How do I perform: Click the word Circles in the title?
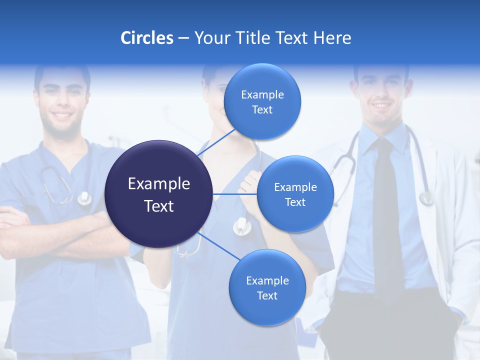coord(146,38)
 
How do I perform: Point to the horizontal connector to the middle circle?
coord(235,194)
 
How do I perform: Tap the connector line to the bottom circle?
coord(218,246)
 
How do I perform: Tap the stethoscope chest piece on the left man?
coord(84,199)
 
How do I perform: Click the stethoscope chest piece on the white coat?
coord(426,198)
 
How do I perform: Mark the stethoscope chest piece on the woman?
coord(242,227)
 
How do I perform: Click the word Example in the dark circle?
coord(159,184)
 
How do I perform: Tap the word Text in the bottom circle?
coord(267,295)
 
